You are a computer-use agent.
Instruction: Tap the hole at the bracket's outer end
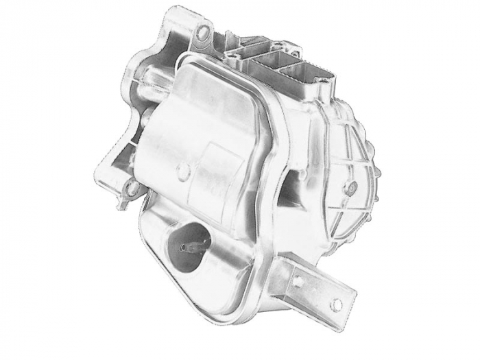[336, 304]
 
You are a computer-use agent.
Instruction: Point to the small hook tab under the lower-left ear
[121, 204]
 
